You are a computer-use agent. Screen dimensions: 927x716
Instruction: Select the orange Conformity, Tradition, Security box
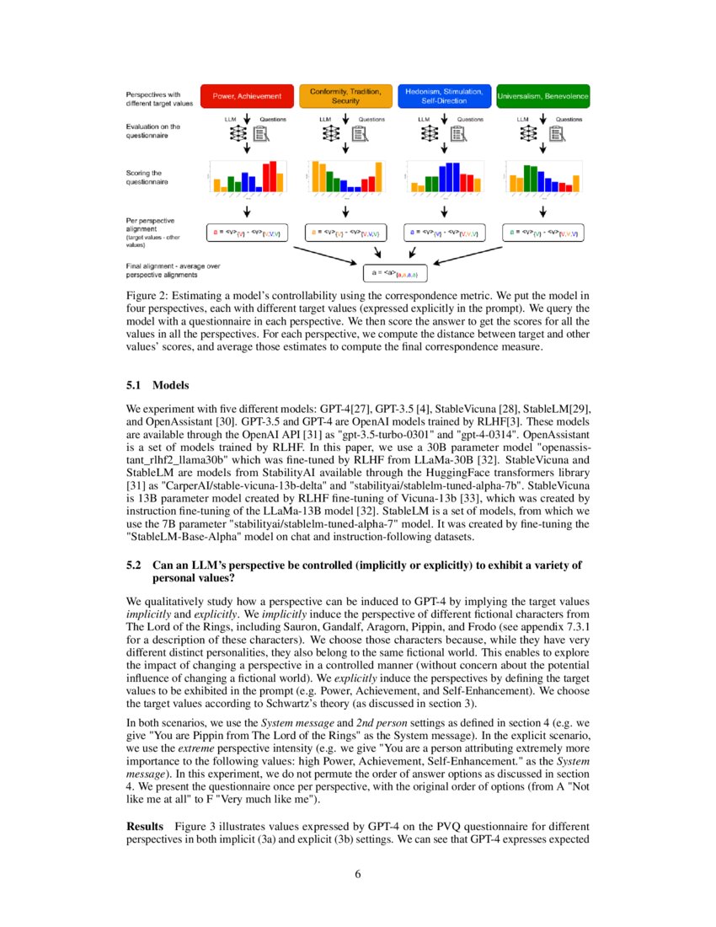(345, 96)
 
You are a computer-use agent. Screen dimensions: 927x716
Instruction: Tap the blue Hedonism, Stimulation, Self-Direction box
(444, 96)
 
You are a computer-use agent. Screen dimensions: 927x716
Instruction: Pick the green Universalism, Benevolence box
(542, 96)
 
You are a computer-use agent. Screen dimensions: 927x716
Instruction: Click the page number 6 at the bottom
(358, 872)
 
